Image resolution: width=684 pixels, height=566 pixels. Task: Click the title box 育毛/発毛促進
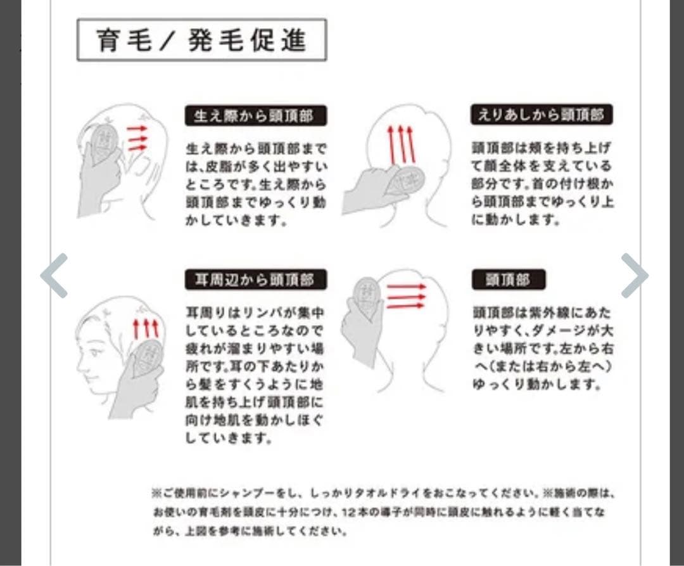click(x=201, y=40)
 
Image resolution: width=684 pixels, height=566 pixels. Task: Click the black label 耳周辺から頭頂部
click(x=256, y=280)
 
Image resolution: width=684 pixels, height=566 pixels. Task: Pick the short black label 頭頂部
click(x=509, y=280)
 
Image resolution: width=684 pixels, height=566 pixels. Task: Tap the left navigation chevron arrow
click(x=54, y=275)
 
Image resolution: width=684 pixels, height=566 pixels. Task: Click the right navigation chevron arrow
click(x=634, y=275)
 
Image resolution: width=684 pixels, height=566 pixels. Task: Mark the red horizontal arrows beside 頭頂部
click(x=406, y=297)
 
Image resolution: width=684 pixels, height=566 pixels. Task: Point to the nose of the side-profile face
click(x=79, y=363)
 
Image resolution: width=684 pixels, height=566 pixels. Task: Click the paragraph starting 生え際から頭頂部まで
click(x=256, y=184)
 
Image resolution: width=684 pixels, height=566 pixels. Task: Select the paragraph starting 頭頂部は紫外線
click(x=543, y=348)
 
